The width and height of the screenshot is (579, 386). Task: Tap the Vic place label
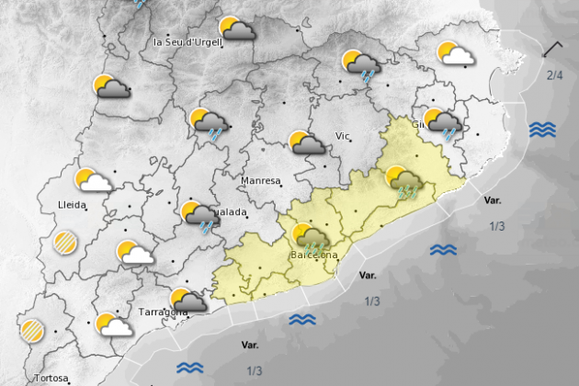pos(344,136)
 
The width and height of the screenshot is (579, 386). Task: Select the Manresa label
pos(261,181)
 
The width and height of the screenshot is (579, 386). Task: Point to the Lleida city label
pos(72,204)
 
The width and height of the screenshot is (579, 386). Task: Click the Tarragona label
pos(162,312)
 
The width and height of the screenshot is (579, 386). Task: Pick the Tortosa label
pos(51,378)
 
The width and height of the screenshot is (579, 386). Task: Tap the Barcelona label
pos(313,255)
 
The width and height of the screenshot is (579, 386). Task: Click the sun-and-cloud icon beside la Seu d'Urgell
pos(237,29)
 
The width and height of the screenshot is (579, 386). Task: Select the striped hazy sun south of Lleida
pos(65,243)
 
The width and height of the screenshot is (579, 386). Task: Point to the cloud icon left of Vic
pos(305,142)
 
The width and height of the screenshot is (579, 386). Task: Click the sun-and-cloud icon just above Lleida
pos(93,180)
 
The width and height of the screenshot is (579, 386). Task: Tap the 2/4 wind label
pos(554,75)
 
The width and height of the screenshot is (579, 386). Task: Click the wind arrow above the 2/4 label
pos(553,50)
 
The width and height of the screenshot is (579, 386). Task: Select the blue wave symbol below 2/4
pos(542,130)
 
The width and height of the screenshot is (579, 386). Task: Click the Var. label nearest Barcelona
pos(368,275)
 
